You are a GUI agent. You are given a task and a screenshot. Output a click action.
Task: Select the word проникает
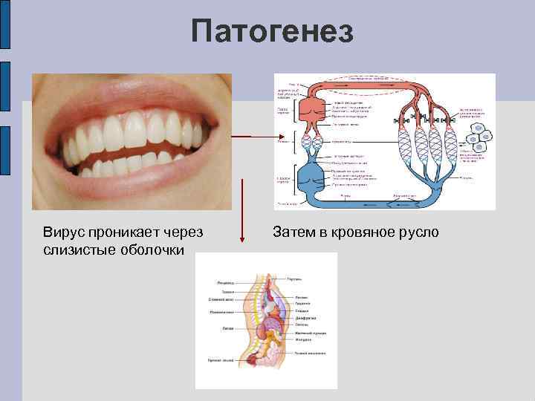(124, 233)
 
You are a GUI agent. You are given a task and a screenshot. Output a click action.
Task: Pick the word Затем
(293, 233)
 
